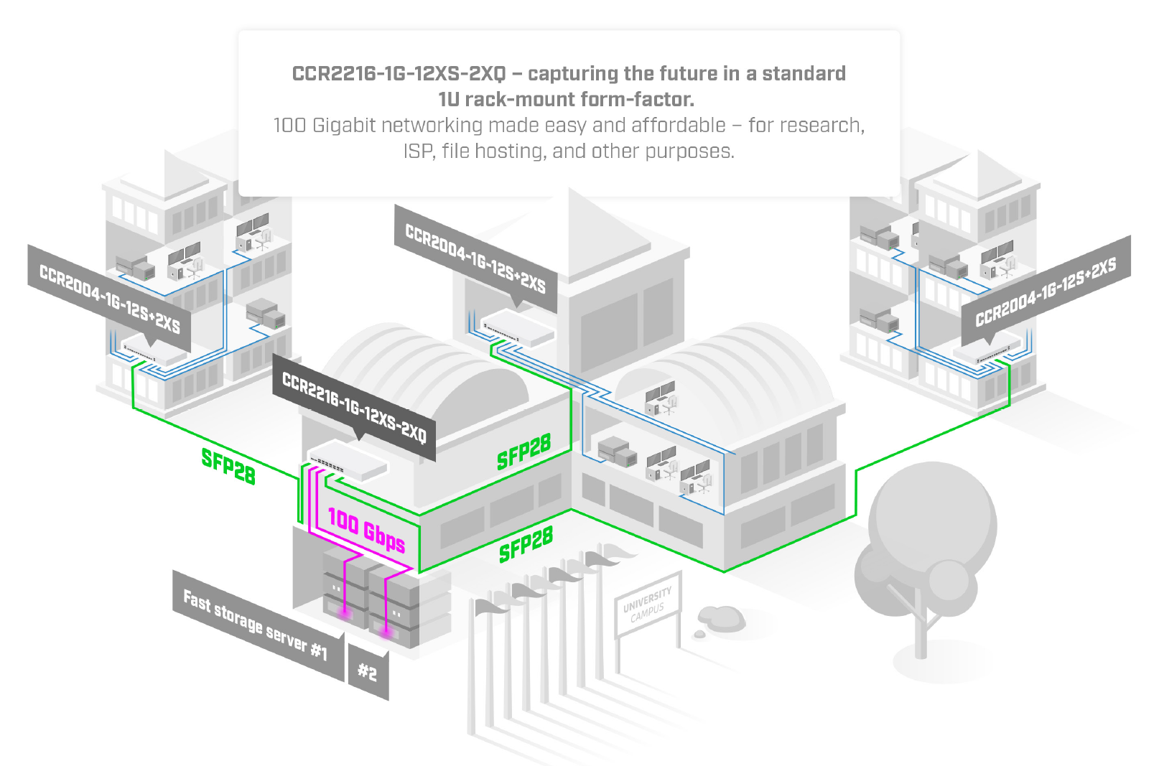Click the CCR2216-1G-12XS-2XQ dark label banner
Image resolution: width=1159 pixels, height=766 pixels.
point(354,407)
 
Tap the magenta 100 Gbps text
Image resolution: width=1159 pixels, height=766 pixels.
point(366,531)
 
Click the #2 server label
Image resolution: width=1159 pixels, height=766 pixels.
point(368,672)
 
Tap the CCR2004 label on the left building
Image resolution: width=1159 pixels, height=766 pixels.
point(109,298)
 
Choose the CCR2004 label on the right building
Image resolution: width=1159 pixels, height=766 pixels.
point(1046,291)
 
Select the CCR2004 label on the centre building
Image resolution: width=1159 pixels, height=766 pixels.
point(475,258)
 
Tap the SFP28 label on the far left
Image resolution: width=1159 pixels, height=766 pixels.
point(228,466)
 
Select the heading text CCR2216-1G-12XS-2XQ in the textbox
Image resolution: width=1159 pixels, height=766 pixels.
point(399,74)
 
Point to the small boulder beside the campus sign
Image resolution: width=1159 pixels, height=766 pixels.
point(720,617)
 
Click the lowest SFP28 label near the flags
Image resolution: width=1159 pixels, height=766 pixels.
point(526,544)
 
